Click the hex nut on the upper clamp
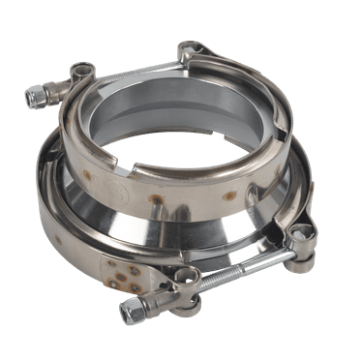(x=37, y=95)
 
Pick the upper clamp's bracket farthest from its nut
(x=190, y=49)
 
